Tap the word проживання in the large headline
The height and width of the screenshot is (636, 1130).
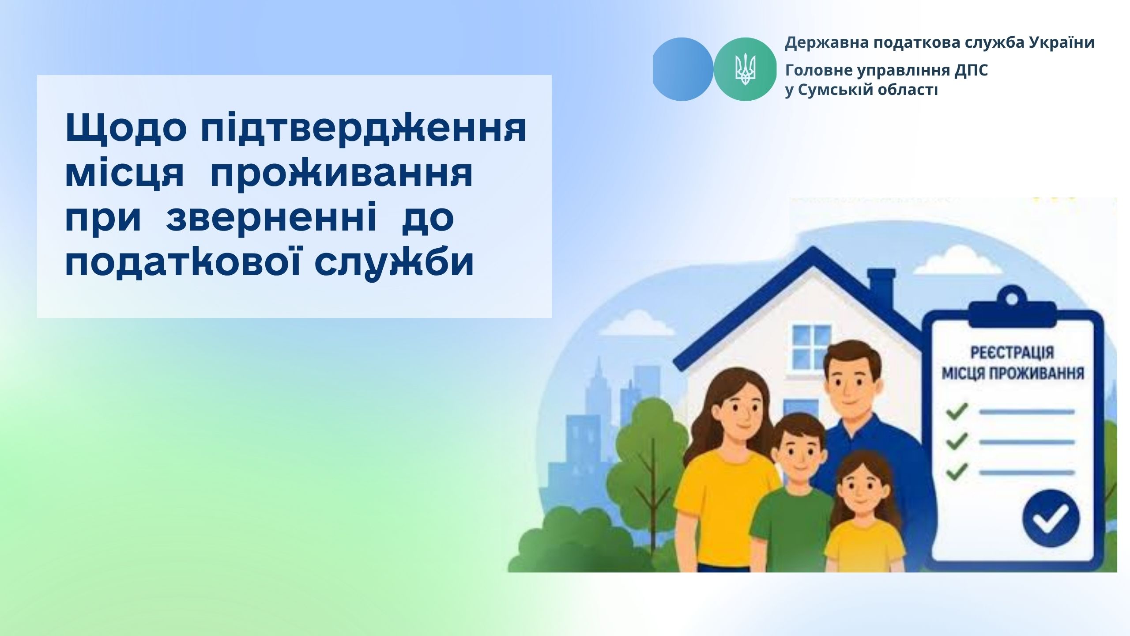coord(342,174)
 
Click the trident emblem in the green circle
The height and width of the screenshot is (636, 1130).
coord(745,69)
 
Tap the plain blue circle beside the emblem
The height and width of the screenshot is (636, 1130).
coord(682,69)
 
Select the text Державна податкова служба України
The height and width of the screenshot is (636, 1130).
coord(940,42)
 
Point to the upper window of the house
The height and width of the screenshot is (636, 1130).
coord(812,346)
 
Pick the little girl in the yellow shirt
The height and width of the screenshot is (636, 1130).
coord(862,516)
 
